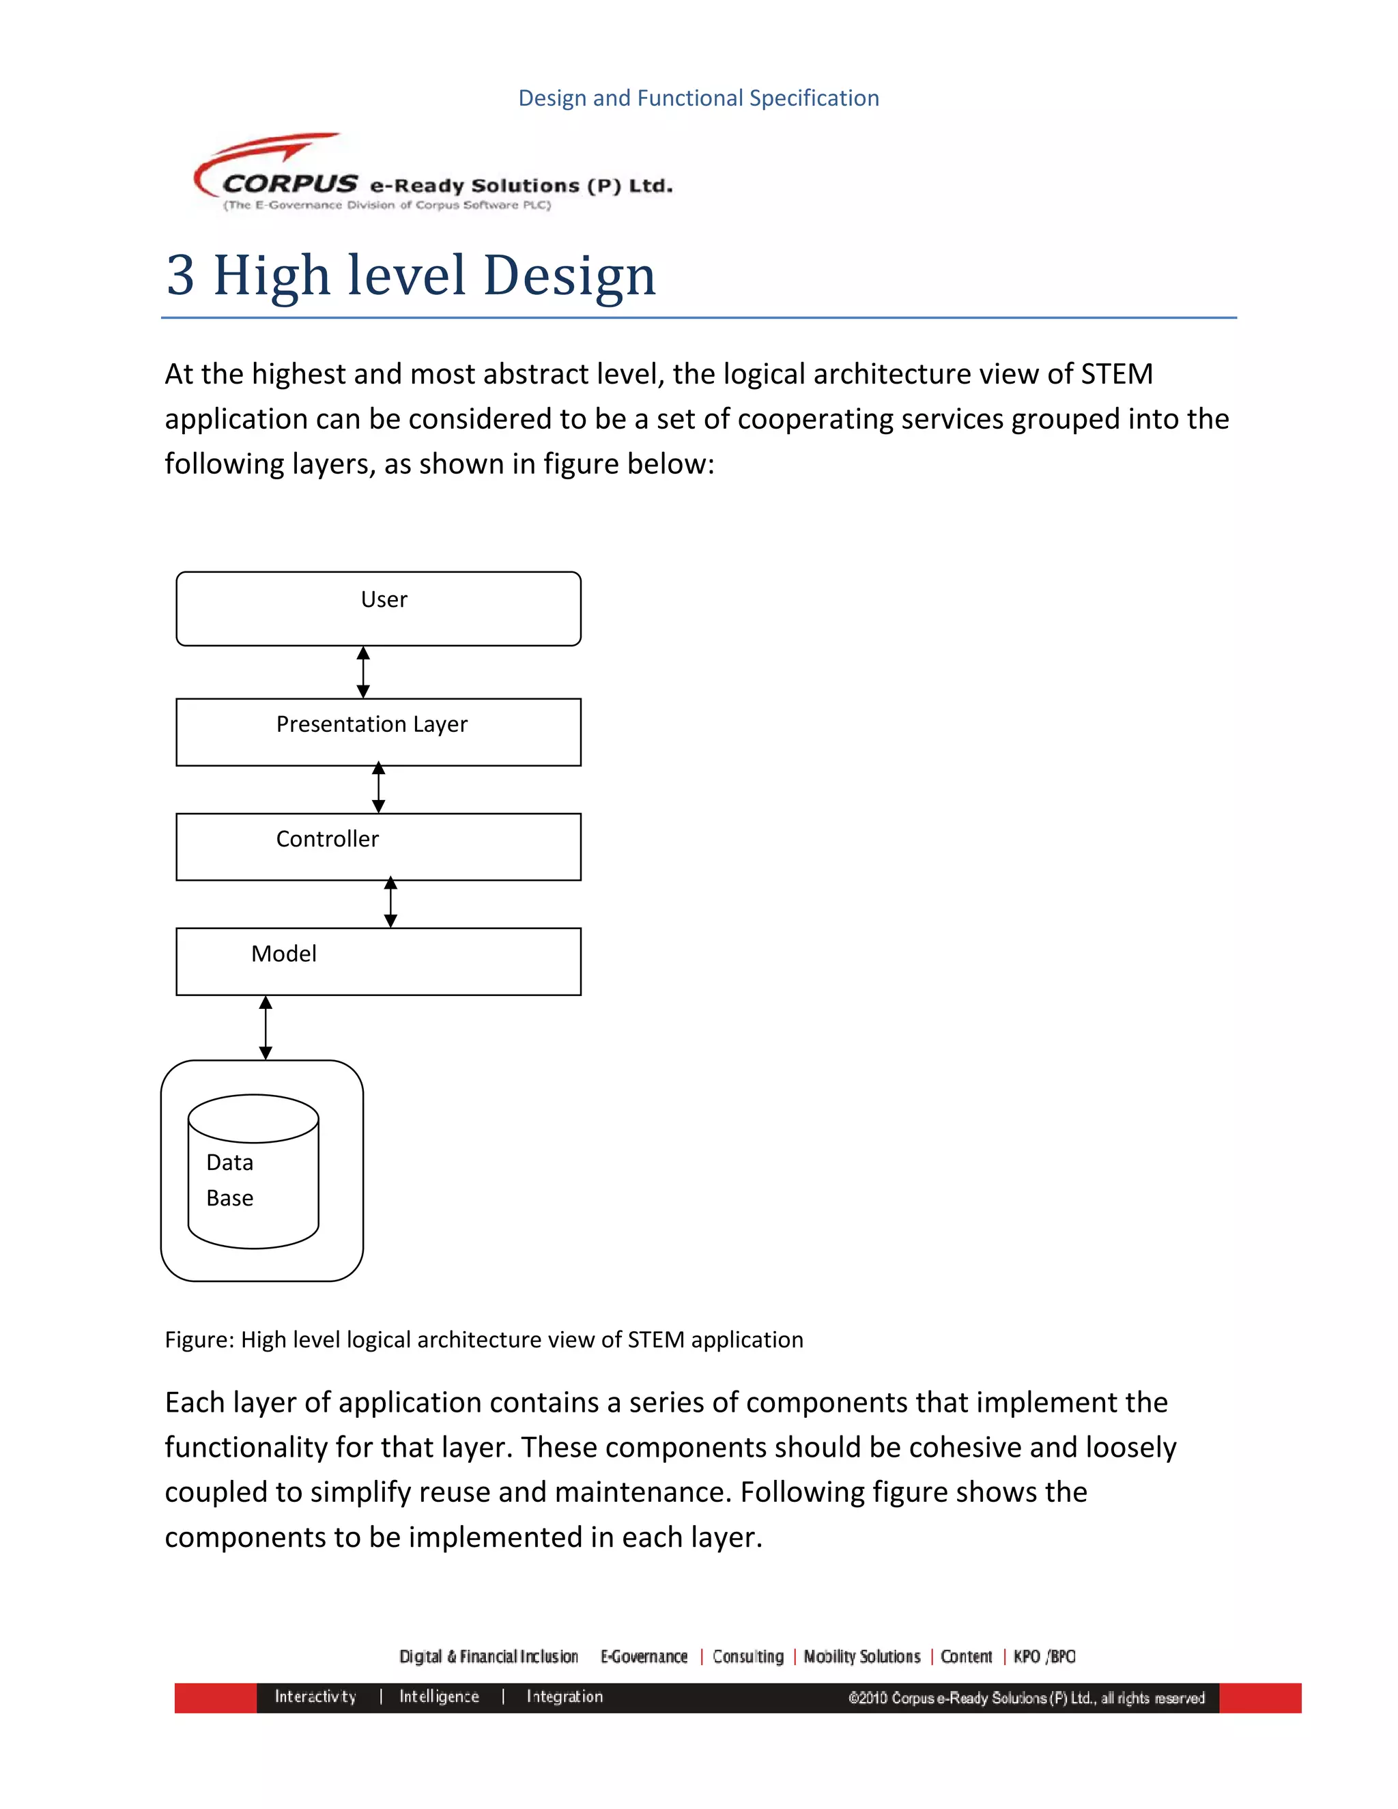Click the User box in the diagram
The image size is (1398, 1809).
378,608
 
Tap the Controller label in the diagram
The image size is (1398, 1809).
327,839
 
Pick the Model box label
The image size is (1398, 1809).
283,954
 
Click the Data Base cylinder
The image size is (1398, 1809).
253,1171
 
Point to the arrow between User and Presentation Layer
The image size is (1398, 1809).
362,672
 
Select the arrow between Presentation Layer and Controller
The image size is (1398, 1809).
378,788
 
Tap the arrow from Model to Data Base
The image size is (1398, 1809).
266,1027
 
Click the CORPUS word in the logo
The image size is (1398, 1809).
290,183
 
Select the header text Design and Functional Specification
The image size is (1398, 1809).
698,98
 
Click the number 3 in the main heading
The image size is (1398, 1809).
180,275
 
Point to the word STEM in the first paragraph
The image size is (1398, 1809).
1116,374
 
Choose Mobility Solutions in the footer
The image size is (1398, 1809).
862,1657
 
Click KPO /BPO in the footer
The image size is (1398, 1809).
1044,1657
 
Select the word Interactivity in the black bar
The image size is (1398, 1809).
315,1696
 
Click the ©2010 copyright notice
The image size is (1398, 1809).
1026,1698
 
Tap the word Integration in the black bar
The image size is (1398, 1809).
565,1696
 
